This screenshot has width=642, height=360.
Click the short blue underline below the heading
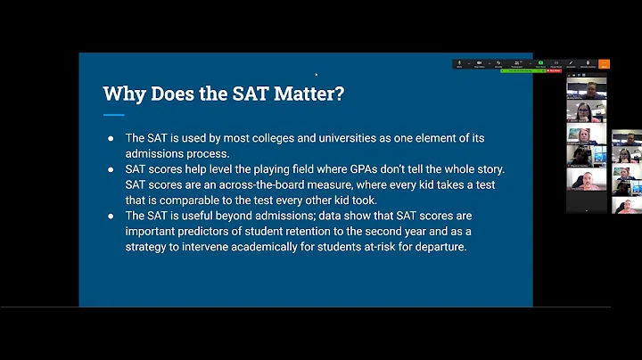click(113, 115)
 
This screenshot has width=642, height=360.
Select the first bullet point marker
click(111, 138)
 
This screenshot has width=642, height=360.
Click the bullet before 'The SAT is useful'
click(111, 217)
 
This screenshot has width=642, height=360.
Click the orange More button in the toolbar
click(604, 64)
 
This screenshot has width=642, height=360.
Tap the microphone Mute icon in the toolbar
click(459, 64)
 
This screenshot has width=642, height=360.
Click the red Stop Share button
click(554, 71)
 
